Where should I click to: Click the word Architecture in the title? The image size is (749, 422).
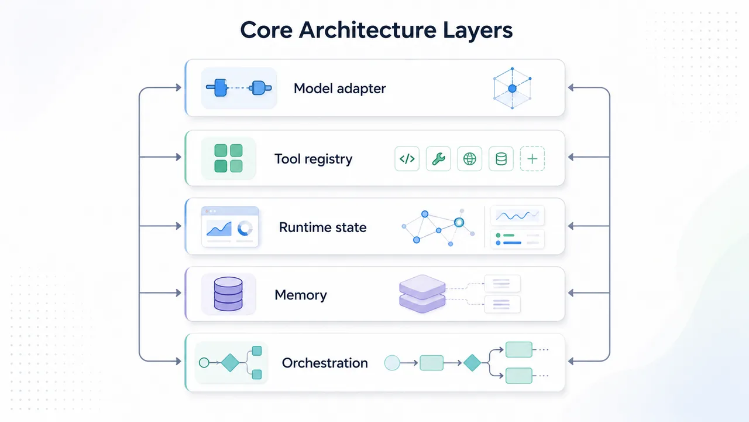pyautogui.click(x=367, y=30)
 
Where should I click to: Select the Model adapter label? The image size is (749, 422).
pyautogui.click(x=340, y=89)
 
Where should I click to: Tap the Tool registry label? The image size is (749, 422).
pyautogui.click(x=313, y=159)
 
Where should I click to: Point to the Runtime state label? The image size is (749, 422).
pyautogui.click(x=322, y=227)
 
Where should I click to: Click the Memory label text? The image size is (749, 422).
pyautogui.click(x=301, y=295)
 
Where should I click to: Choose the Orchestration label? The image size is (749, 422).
pyautogui.click(x=325, y=363)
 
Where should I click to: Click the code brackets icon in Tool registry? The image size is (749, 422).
pyautogui.click(x=407, y=159)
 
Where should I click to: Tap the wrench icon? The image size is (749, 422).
pyautogui.click(x=438, y=159)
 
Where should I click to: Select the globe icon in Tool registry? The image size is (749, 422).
pyautogui.click(x=470, y=159)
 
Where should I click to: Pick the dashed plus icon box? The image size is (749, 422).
pyautogui.click(x=532, y=159)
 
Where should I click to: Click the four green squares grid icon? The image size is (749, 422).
pyautogui.click(x=228, y=158)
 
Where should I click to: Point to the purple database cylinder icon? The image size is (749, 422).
pyautogui.click(x=228, y=294)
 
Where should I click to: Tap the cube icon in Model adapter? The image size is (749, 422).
pyautogui.click(x=512, y=88)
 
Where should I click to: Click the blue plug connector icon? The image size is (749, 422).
pyautogui.click(x=239, y=88)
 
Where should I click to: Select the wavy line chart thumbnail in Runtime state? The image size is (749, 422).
pyautogui.click(x=517, y=215)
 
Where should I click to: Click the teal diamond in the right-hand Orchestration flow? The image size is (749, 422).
pyautogui.click(x=472, y=363)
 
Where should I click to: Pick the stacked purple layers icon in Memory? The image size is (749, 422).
pyautogui.click(x=422, y=294)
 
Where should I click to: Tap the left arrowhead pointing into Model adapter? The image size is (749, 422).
pyautogui.click(x=178, y=88)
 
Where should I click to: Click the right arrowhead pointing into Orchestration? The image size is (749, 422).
pyautogui.click(x=571, y=361)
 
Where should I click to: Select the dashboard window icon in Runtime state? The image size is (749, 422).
pyautogui.click(x=230, y=227)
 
